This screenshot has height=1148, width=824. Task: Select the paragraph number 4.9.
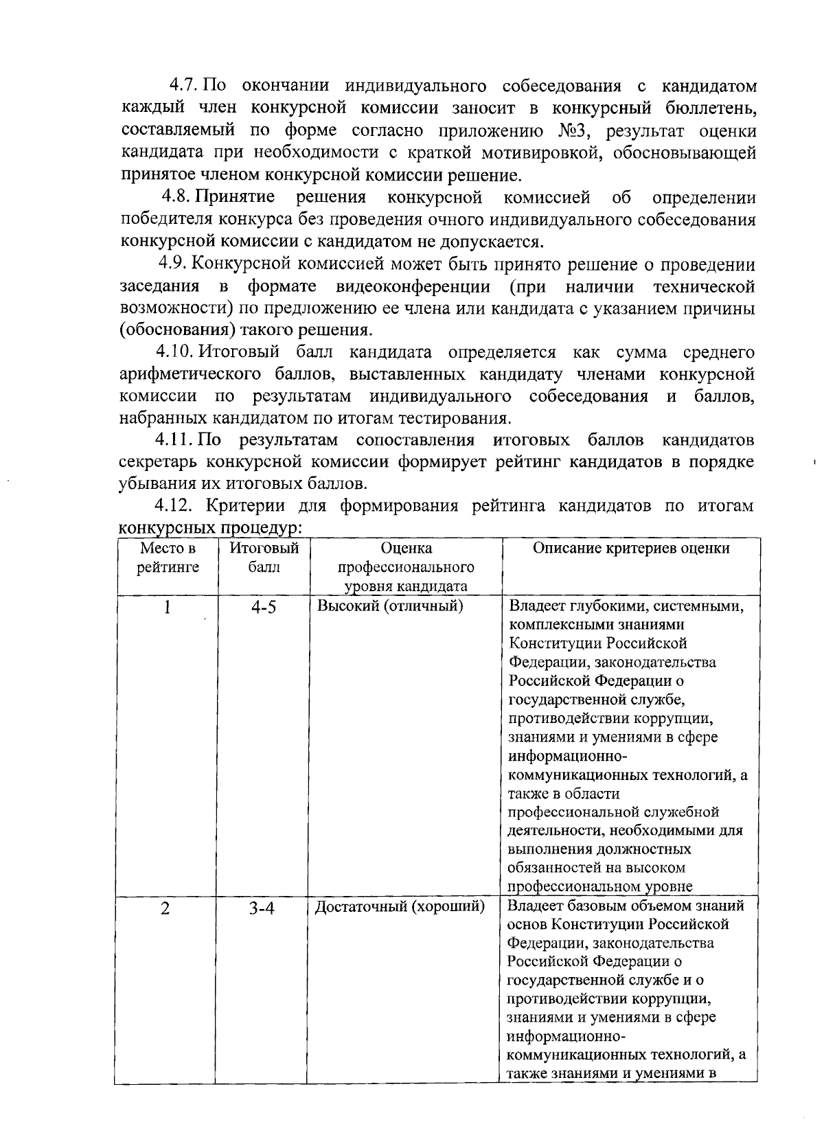point(172,264)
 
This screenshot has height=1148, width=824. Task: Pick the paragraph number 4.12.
point(174,507)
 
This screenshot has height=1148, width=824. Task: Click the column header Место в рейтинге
point(167,558)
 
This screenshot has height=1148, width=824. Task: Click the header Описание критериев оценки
point(631,548)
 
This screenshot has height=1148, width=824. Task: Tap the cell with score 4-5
point(263,608)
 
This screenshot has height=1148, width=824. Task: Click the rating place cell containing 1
point(166,608)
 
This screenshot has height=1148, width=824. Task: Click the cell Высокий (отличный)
point(390,606)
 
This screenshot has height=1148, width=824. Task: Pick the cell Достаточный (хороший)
point(400,906)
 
